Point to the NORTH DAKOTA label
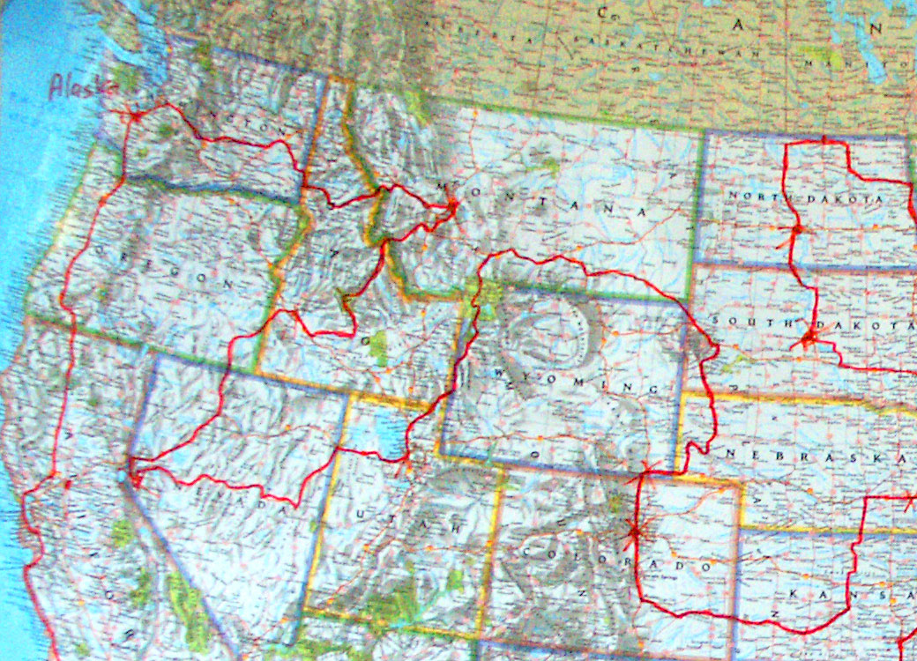(x=806, y=197)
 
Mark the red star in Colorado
(x=634, y=531)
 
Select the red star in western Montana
(x=452, y=206)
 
